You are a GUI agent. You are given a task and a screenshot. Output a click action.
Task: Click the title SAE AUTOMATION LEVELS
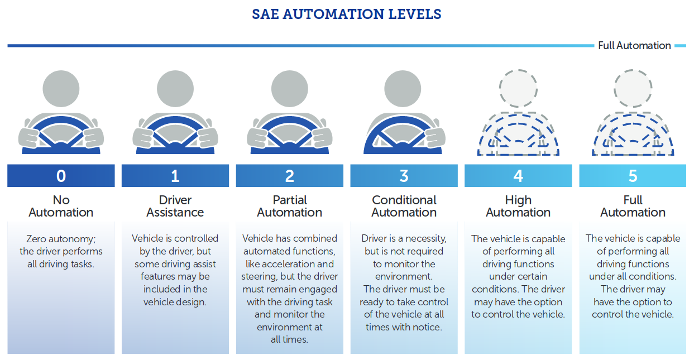click(347, 15)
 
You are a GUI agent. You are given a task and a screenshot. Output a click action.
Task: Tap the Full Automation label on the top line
click(634, 46)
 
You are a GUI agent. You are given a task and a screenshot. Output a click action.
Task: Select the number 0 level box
click(61, 176)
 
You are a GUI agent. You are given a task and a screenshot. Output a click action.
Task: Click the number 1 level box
click(175, 176)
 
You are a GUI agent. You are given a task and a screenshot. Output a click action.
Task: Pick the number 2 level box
click(290, 176)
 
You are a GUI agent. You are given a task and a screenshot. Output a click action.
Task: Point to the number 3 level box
click(404, 176)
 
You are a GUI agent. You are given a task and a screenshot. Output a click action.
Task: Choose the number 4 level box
click(518, 176)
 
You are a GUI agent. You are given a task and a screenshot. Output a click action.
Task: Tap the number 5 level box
click(633, 176)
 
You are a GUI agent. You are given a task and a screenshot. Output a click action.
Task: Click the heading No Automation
click(61, 206)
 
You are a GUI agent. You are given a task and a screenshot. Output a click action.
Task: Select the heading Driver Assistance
click(175, 206)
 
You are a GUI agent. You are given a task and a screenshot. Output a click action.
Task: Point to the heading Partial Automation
click(290, 206)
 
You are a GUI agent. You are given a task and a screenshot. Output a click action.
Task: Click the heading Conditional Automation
click(404, 206)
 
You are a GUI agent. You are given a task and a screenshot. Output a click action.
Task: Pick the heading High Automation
click(518, 206)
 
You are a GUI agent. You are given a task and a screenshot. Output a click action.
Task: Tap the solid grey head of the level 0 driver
click(61, 89)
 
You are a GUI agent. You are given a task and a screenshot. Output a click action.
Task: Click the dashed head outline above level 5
click(633, 89)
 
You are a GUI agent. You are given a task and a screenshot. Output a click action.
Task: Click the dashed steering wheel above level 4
click(518, 137)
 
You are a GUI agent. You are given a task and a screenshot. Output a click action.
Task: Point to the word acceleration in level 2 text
click(309, 264)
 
